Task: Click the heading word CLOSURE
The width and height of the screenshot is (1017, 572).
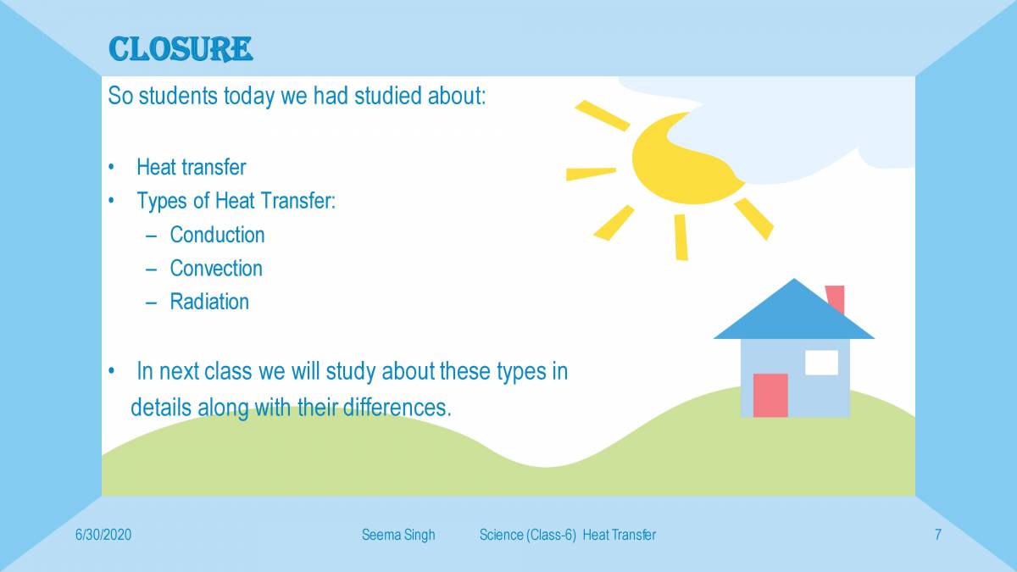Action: pyautogui.click(x=180, y=49)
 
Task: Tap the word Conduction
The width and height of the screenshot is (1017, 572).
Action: pyautogui.click(x=217, y=235)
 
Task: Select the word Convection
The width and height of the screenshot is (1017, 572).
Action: pyautogui.click(x=216, y=269)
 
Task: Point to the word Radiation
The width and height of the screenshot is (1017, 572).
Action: pyautogui.click(x=209, y=302)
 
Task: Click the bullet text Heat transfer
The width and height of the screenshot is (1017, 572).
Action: pyautogui.click(x=191, y=168)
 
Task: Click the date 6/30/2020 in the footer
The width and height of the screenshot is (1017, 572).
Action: pyautogui.click(x=103, y=535)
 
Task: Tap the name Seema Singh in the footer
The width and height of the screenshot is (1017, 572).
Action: pyautogui.click(x=397, y=535)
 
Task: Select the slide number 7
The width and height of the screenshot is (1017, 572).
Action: pyautogui.click(x=938, y=535)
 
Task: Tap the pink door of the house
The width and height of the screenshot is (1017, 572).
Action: pyautogui.click(x=770, y=395)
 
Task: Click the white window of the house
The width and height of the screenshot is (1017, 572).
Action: pyautogui.click(x=821, y=362)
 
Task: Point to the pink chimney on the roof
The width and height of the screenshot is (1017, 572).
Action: pyautogui.click(x=836, y=298)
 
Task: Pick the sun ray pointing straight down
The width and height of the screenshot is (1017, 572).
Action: pyautogui.click(x=681, y=236)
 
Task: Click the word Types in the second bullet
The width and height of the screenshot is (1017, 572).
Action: pyautogui.click(x=159, y=202)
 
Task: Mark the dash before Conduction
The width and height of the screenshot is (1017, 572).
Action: pyautogui.click(x=151, y=236)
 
